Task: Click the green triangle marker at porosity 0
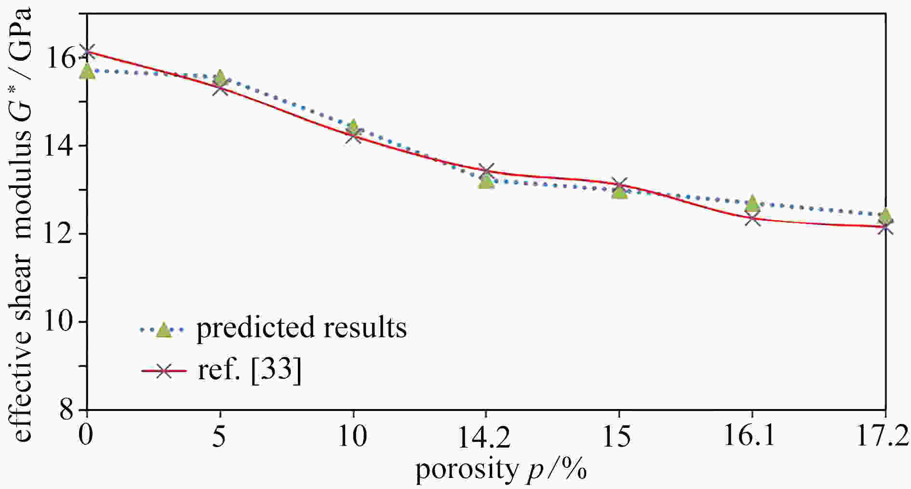[x=87, y=71]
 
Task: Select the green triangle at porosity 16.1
[x=752, y=204]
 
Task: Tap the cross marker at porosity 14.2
[x=486, y=171]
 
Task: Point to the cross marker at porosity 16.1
[x=752, y=219]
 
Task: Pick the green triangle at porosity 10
[x=353, y=127]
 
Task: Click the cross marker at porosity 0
[x=87, y=51]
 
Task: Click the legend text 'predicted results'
[x=301, y=328]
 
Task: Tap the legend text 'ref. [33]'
[x=250, y=370]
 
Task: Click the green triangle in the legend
[x=164, y=330]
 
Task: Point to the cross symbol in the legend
[x=164, y=370]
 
